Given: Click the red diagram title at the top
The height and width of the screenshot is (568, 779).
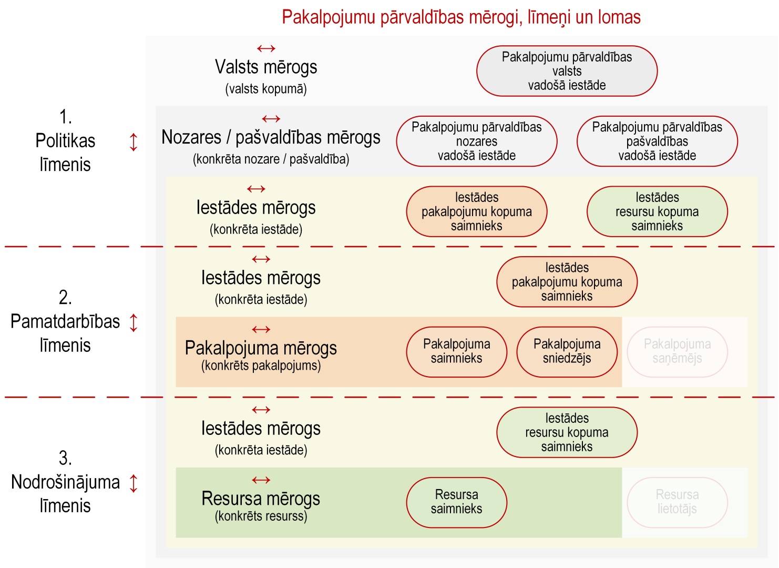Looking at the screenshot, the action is (x=461, y=17).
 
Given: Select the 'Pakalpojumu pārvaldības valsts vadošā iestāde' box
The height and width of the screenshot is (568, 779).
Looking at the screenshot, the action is (x=567, y=71).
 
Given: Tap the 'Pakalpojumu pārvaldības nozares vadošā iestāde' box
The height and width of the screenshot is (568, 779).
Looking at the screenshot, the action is (x=477, y=141).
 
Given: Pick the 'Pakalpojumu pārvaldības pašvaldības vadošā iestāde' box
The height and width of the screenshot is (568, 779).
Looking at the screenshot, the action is (x=657, y=141).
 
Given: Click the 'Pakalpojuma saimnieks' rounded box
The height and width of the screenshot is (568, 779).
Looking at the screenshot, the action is (x=457, y=352).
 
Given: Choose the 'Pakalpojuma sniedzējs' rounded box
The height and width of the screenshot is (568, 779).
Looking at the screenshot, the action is (x=567, y=352).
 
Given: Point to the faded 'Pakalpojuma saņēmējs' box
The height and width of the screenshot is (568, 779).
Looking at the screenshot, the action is (x=678, y=352).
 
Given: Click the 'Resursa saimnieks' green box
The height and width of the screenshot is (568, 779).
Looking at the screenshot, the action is (x=457, y=503).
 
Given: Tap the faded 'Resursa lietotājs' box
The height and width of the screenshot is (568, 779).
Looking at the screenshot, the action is (x=678, y=503).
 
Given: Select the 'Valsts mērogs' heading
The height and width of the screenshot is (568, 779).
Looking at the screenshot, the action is (x=266, y=67).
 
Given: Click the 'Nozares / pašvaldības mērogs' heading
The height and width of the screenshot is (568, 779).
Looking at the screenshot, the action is (x=271, y=137).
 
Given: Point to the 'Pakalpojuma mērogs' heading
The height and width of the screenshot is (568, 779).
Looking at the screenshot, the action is (x=261, y=348).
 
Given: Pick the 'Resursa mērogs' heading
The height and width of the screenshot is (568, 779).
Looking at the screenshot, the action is (x=261, y=499).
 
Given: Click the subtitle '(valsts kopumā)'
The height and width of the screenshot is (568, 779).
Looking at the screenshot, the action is (x=266, y=89).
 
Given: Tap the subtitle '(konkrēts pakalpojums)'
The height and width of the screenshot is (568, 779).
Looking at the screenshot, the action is (x=261, y=366).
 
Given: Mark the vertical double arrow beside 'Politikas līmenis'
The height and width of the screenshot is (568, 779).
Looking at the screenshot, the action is (x=134, y=143).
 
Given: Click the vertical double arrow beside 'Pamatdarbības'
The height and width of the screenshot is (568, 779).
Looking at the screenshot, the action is (x=134, y=322).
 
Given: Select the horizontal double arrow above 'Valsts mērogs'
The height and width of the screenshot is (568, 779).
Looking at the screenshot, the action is (x=266, y=48).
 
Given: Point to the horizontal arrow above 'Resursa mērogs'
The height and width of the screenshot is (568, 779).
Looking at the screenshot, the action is (x=261, y=480).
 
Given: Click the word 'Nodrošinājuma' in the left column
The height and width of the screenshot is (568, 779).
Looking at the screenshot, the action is (x=65, y=482).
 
